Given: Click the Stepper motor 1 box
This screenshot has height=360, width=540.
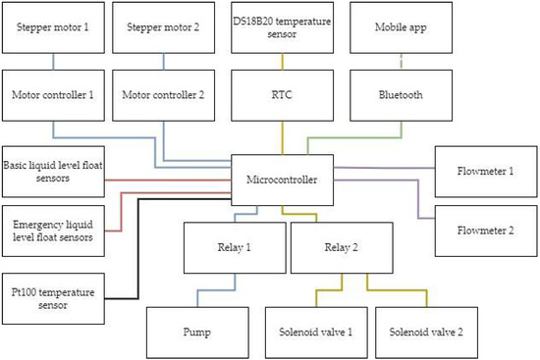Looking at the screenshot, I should (x=52, y=26).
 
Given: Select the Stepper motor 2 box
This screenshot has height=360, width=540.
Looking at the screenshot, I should (x=163, y=26).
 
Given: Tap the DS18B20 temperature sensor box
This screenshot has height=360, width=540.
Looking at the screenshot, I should (x=284, y=26).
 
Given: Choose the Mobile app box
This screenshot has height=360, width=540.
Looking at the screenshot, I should (x=401, y=26).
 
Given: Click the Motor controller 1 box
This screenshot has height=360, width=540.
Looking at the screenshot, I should (x=52, y=95).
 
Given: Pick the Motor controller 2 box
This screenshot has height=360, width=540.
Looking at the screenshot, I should (x=163, y=95).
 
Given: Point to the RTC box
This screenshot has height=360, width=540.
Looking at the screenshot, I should (x=284, y=95).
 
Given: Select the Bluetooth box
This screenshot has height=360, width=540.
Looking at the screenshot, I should (x=401, y=95).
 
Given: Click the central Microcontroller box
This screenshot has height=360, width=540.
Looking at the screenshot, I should (x=284, y=180).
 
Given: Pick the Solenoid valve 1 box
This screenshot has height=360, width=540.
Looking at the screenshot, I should (x=315, y=332).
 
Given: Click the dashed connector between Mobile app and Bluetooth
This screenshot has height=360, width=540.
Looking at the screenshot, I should (x=401, y=61).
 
